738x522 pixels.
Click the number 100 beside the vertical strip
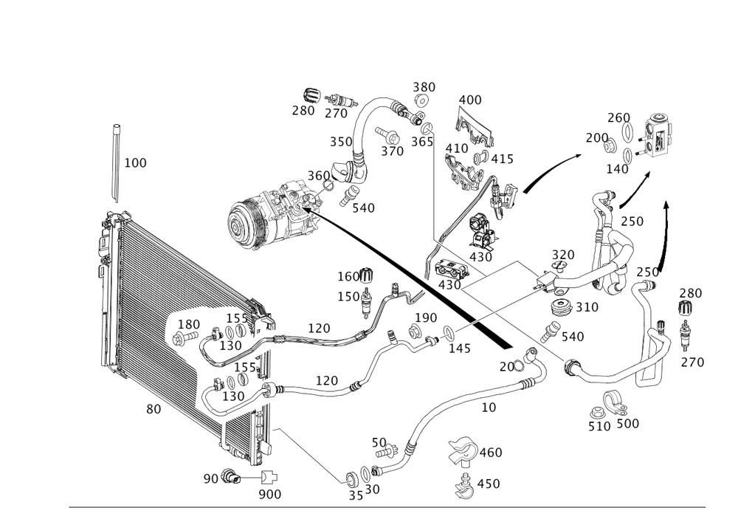coord(135,162)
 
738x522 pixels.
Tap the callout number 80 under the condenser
coord(153,409)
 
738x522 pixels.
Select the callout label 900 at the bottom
coord(270,495)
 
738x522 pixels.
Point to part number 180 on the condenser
coord(189,324)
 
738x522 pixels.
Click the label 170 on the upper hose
coord(318,327)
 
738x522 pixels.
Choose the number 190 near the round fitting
coord(427,317)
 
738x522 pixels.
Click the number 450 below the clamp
coord(489,484)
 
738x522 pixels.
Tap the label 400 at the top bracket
coord(469,100)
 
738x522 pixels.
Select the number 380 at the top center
coord(424,87)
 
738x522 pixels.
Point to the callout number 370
coord(392,151)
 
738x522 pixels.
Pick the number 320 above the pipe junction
coord(562,255)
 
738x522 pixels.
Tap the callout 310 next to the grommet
coord(587,306)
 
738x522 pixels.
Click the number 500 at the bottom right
coord(627,423)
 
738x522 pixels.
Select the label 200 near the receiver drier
coord(596,137)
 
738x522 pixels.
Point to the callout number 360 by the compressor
coord(319,175)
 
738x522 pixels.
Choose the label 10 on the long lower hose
coord(488,405)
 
